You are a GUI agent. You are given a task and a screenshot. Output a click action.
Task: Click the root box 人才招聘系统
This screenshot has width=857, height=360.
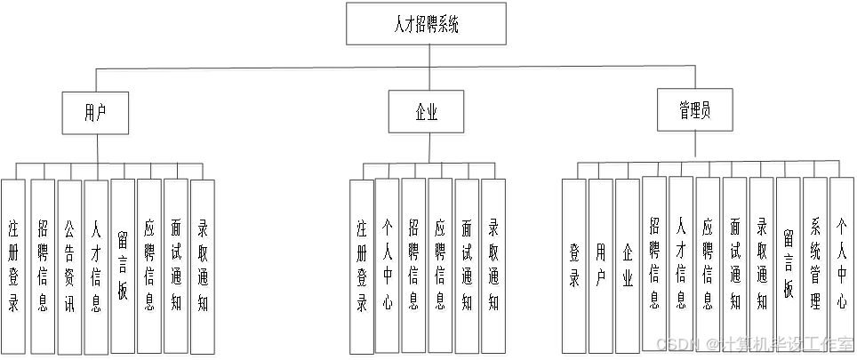[x=428, y=27]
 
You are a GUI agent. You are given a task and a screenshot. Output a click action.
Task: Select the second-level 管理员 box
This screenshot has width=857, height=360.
[x=695, y=112]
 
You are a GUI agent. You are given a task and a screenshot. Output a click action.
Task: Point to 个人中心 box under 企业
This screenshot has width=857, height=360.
[x=388, y=267]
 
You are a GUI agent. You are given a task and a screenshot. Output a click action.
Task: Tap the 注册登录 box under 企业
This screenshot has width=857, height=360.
[x=362, y=267]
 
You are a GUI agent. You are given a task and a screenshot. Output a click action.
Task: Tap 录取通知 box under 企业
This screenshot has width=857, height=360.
[x=495, y=267]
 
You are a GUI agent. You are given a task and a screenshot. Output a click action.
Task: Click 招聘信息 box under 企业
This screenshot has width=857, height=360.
[x=415, y=267]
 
